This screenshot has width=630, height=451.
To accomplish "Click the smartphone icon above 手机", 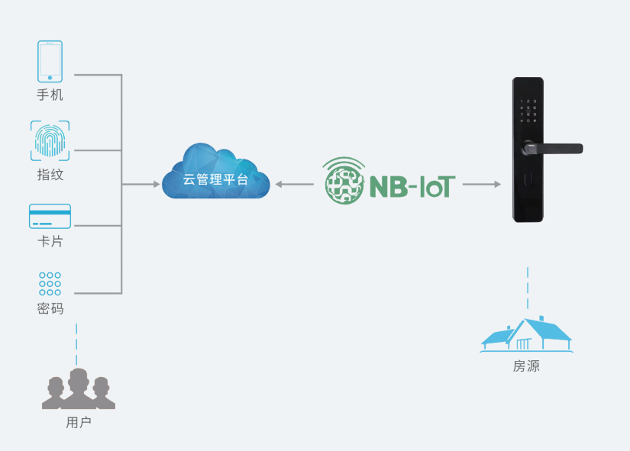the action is pos(50,61).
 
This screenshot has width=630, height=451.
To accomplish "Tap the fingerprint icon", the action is pos(50,140).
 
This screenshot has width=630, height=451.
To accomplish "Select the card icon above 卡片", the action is pos(50,216).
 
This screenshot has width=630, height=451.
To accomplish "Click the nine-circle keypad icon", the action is pos(50,284).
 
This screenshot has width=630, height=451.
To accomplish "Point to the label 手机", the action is pos(50,95).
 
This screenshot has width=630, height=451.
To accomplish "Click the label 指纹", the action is pos(50,174).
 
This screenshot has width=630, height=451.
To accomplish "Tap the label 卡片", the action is pos(50,241).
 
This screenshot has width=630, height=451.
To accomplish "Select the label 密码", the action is pos(50,308).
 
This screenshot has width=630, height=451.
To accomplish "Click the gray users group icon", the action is pos(79,388).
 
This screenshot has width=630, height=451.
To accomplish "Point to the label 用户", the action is pos(79,422).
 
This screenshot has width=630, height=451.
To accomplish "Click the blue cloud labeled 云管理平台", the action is pos(216,172).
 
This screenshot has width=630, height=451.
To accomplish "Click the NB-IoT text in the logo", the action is pos(412,186).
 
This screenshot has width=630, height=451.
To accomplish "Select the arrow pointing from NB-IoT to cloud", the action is pos(295,185).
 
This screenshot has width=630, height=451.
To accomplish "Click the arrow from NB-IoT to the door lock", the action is pos(482,185).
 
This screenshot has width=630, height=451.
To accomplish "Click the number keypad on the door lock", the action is pos(528,111).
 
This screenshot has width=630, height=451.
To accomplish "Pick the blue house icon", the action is pos(527,334).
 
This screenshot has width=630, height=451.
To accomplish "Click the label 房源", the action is pos(526,366).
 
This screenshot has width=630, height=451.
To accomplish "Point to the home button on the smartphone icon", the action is pos(50,78).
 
